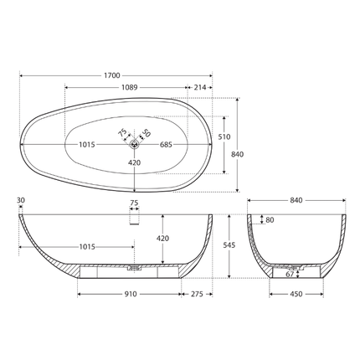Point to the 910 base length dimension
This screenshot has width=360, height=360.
click(x=131, y=295)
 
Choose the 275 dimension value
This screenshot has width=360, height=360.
click(x=198, y=295)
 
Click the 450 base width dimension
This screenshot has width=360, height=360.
click(x=297, y=295)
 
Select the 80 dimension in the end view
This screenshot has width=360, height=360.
click(x=270, y=221)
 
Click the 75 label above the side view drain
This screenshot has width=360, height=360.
click(x=133, y=203)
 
